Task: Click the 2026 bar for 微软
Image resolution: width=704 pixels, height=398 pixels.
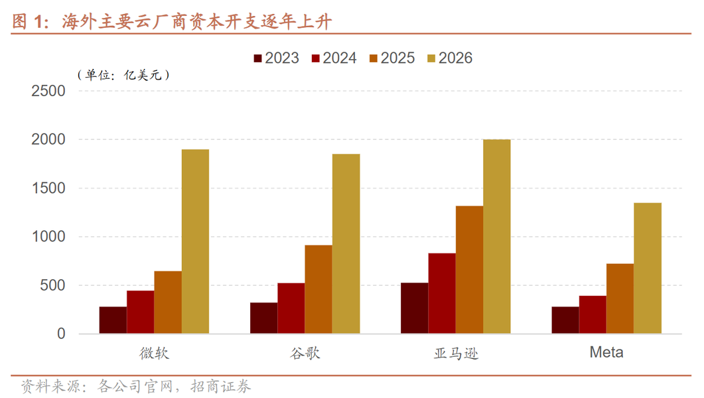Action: pos(195,241)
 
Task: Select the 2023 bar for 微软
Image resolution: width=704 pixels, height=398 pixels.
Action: pos(113,320)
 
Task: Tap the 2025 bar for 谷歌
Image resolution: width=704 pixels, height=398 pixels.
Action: pos(318,289)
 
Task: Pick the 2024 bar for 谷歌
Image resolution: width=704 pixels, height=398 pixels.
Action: pos(291,308)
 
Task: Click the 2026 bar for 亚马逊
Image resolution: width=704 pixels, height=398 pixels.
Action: pos(497,236)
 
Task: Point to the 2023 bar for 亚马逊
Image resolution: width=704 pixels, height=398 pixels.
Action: pos(415,308)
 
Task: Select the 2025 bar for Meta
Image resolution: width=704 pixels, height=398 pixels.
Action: pos(620,298)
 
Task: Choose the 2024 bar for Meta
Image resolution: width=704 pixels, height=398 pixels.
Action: pos(593,314)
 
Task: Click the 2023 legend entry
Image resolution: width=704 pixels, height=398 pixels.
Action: pos(276,58)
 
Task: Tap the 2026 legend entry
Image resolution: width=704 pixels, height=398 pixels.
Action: pos(450,58)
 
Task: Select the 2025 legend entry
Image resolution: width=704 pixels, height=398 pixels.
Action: pos(392,58)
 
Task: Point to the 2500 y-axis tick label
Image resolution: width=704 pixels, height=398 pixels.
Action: pos(48,91)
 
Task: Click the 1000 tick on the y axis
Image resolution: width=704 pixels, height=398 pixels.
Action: pos(48,236)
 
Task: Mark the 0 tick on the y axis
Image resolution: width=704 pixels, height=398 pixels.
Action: pos(61,334)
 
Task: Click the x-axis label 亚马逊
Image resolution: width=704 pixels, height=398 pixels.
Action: pos(456,354)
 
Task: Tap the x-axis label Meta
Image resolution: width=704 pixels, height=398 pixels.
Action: pos(606,352)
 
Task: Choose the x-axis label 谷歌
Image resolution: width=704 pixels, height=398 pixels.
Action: pos(305,354)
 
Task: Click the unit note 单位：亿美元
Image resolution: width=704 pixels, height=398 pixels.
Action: pos(123,75)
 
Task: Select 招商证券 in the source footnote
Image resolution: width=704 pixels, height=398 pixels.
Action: pos(220,386)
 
